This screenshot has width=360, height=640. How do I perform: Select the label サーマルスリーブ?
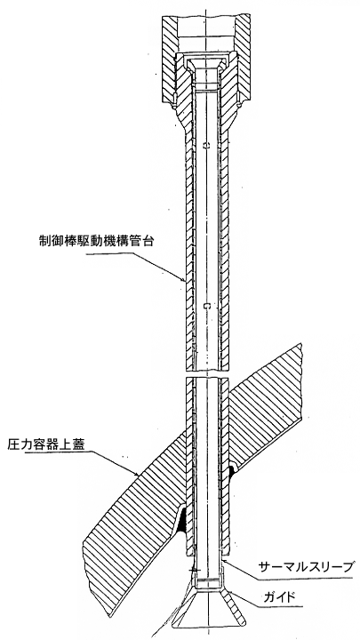[305, 566]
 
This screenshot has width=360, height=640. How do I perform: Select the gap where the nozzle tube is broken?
[207, 374]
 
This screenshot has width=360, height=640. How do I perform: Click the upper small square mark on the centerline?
[205, 145]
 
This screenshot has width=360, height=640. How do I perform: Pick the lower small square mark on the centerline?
[206, 305]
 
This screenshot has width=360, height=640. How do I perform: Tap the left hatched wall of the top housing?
[171, 61]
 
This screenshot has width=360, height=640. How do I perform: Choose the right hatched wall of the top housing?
[243, 61]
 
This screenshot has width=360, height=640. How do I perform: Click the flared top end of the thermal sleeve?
[206, 64]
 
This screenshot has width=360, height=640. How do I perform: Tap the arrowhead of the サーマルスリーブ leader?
[226, 563]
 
